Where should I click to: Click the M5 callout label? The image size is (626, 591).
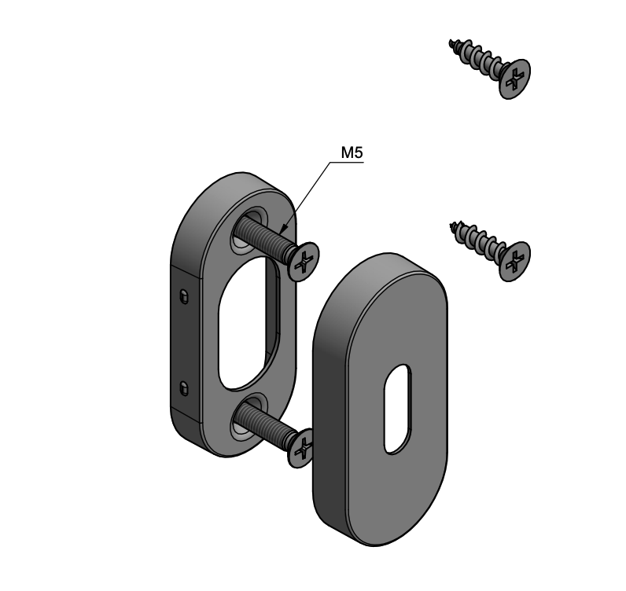pos(352,152)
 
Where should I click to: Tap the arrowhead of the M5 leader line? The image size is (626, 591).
pos(282,230)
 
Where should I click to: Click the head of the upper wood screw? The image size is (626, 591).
pos(515,79)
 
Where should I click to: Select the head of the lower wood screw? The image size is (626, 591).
pos(515,261)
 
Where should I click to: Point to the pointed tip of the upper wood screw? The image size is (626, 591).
pos(451,41)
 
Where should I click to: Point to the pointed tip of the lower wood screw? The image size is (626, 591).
pos(451,224)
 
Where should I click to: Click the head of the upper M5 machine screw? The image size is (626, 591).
pos(304,262)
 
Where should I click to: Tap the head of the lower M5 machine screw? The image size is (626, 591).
pos(301,447)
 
